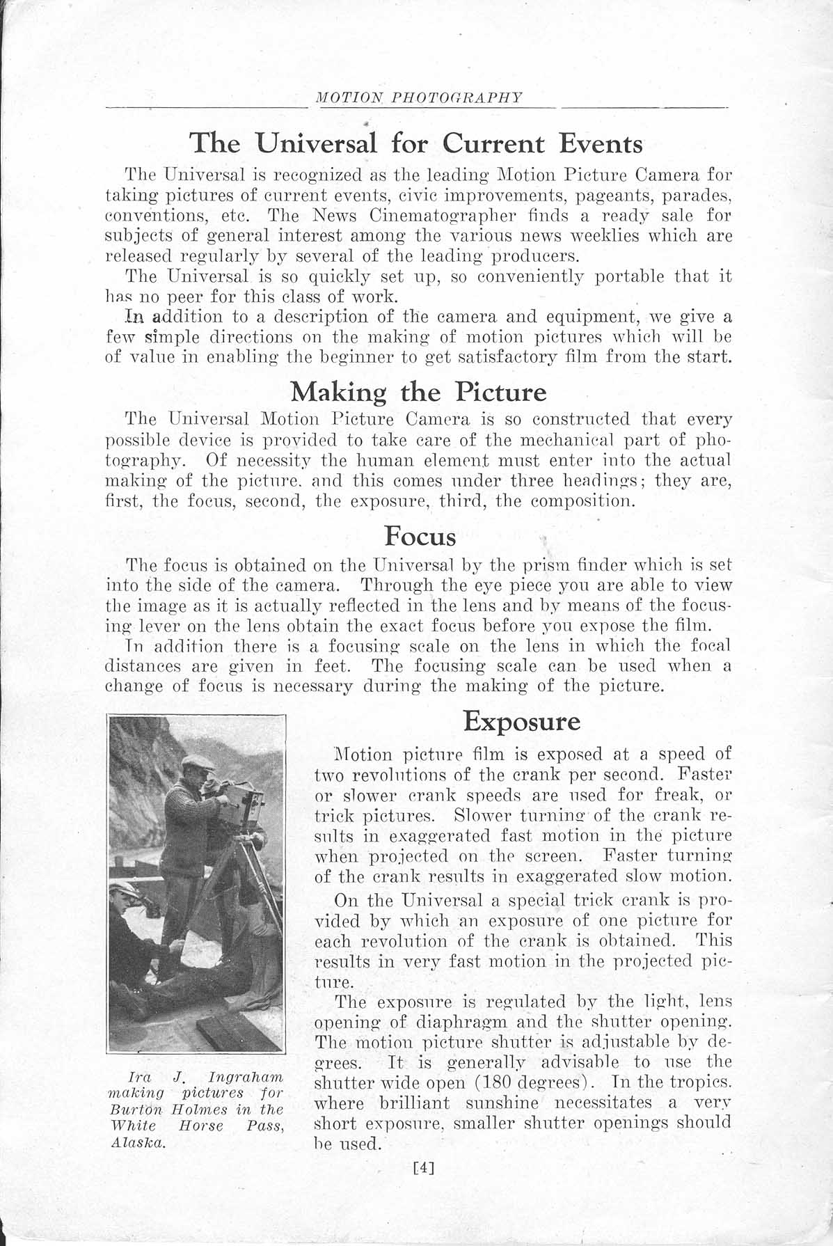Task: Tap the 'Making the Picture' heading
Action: click(x=418, y=392)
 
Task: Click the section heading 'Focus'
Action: click(x=420, y=537)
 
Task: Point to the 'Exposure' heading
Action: click(x=521, y=720)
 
